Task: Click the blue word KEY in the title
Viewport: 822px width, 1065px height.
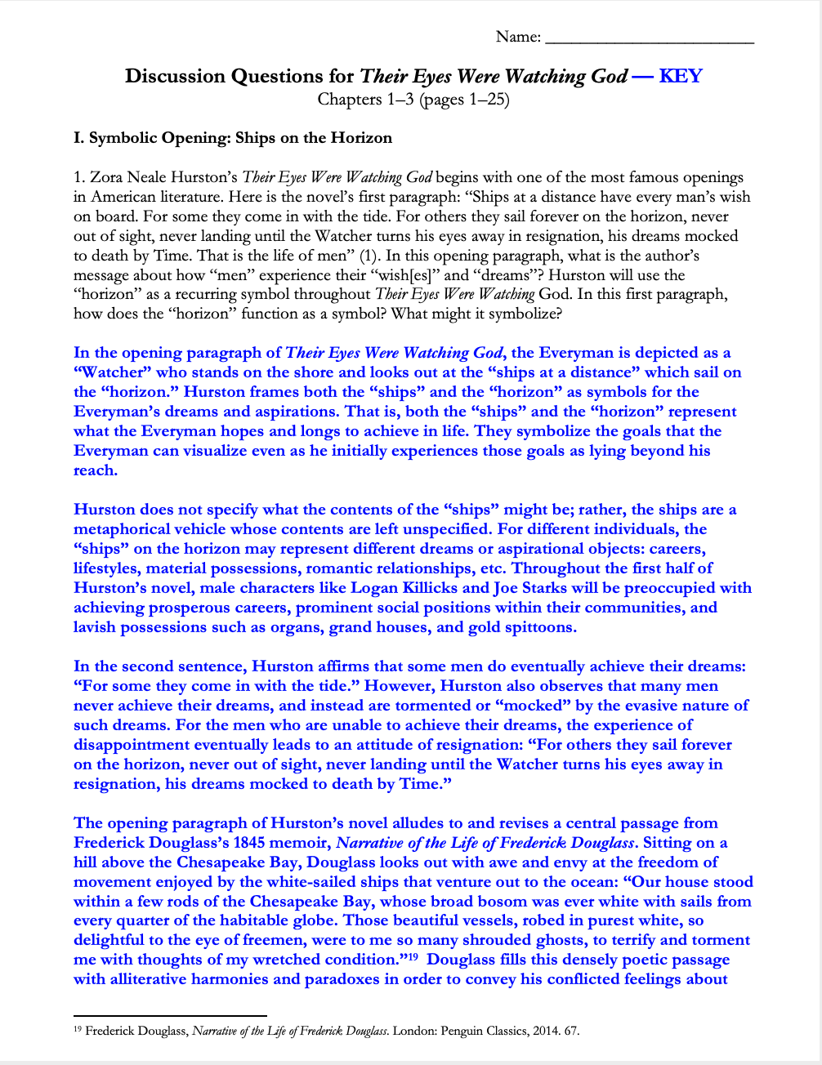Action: (x=680, y=76)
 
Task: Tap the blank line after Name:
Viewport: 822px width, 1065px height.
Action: (x=649, y=38)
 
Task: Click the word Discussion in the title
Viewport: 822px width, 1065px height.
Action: (x=174, y=76)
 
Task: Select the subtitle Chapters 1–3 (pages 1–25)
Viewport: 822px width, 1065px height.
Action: (x=413, y=100)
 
